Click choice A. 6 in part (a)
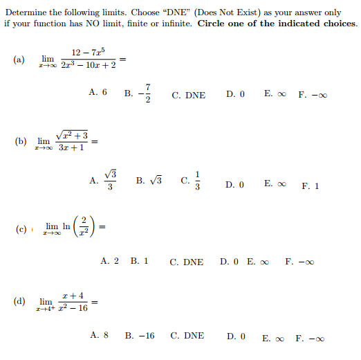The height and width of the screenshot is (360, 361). point(98,92)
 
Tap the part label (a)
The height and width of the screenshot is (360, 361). point(19,60)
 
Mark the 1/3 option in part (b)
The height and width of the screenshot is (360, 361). point(190,181)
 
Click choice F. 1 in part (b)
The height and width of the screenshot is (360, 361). point(311,186)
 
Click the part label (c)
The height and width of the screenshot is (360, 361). point(20,227)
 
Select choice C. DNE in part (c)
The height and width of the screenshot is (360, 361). point(187,262)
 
